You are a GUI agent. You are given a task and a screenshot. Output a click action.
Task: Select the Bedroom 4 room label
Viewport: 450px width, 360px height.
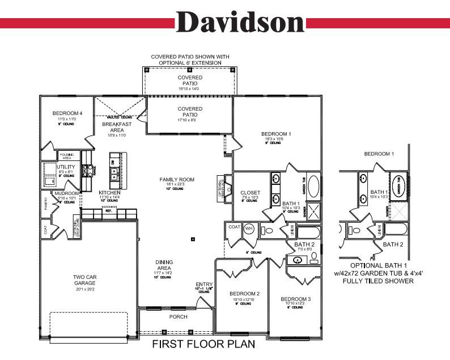click(x=67, y=113)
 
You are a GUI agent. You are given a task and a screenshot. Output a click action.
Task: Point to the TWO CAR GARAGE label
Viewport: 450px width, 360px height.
click(x=88, y=281)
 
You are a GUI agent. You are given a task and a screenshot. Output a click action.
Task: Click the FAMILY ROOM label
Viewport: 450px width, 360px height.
click(x=177, y=180)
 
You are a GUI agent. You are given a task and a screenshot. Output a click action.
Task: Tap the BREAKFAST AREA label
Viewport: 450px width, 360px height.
click(x=117, y=127)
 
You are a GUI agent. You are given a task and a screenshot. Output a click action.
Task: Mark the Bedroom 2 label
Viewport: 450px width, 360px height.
click(x=244, y=294)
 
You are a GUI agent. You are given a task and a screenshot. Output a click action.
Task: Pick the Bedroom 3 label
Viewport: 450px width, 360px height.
click(x=296, y=299)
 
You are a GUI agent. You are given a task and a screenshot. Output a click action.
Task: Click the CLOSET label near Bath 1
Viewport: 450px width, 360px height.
click(x=250, y=192)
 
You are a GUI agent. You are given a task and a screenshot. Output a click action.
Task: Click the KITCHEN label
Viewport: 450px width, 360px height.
click(x=109, y=193)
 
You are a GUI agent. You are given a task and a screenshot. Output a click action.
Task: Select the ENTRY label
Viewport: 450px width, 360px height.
click(x=204, y=284)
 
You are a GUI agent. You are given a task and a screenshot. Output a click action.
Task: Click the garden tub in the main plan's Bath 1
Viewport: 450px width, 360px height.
click(x=313, y=189)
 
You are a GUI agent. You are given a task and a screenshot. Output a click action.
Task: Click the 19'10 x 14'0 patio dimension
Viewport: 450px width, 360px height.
click(x=190, y=89)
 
